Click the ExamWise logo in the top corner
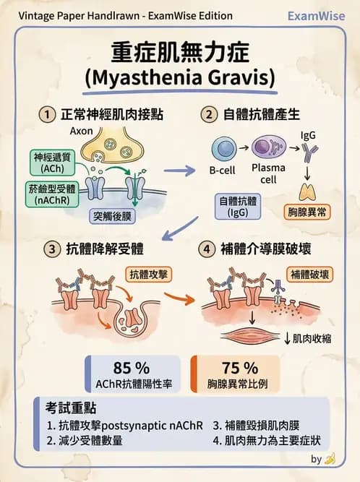317,16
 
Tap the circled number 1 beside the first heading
47,114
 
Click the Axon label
81,131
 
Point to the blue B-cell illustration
224,149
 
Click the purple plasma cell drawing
269,147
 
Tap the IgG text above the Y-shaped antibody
308,135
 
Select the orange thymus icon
307,191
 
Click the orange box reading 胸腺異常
307,212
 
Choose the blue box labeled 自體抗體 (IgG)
238,207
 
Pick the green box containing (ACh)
52,163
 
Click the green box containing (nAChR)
52,194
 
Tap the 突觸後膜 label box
112,216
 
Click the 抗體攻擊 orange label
148,275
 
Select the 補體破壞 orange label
309,275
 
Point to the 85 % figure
132,368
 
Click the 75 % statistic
240,368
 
